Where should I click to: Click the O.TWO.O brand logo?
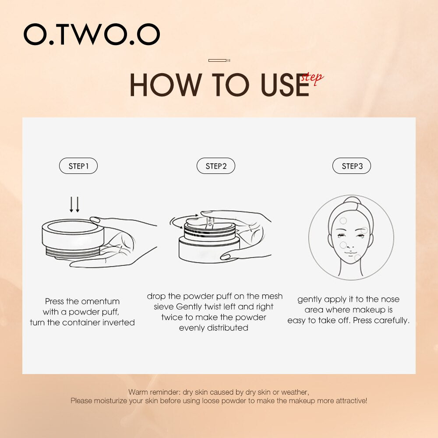point(92,35)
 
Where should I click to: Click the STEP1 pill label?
point(78,166)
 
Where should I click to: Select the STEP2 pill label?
point(216,166)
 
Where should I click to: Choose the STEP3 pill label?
point(352,166)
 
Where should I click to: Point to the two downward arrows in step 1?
point(75,205)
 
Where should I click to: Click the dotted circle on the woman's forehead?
point(343,221)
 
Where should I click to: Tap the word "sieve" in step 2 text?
point(164,307)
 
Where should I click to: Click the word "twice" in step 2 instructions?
point(171,317)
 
